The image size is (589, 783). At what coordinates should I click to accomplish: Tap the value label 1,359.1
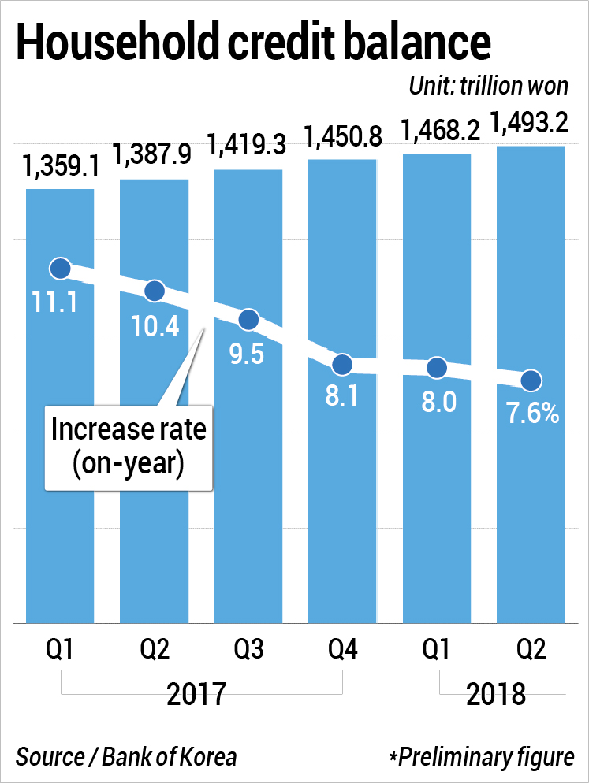pos(60,168)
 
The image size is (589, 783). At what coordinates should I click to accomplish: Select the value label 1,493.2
pos(530,124)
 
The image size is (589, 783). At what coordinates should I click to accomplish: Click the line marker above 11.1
pos(60,269)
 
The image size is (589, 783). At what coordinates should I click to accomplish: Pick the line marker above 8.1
pos(342,364)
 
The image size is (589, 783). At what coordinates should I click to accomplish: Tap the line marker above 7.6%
pos(531,380)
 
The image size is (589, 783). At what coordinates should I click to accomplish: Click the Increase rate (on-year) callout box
pos(128,445)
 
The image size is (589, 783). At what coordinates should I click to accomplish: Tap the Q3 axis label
pos(248,651)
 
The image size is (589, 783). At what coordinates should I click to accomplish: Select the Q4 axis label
pos(342,651)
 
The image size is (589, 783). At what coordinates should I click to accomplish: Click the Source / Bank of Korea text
pos(126,757)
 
